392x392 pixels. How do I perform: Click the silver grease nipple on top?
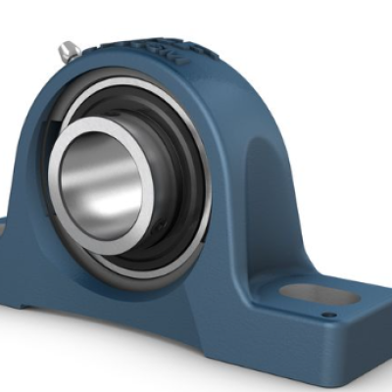[x=69, y=49]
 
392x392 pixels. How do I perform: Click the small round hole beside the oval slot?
[x=329, y=315]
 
